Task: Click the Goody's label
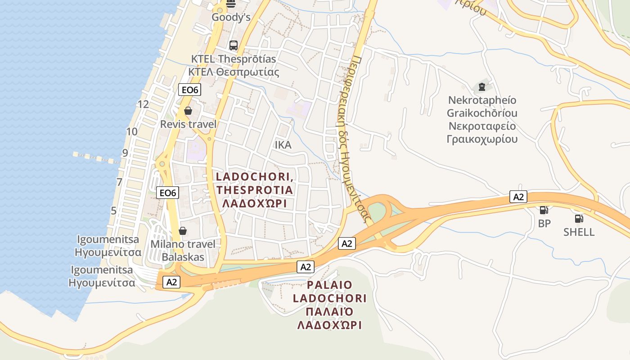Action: point(231,17)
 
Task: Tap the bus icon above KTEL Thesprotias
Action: point(233,45)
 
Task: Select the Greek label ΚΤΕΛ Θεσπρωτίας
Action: point(234,72)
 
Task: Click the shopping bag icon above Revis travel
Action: point(188,111)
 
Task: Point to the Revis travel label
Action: point(188,124)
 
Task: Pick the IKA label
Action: point(283,145)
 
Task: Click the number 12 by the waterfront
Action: point(143,104)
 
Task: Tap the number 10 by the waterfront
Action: point(132,132)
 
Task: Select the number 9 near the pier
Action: point(125,153)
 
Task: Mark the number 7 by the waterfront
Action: point(119,182)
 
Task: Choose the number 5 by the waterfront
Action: point(113,211)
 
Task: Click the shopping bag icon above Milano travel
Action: point(183,231)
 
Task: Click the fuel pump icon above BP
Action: point(544,210)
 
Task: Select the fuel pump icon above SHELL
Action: point(579,219)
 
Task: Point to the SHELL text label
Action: point(579,232)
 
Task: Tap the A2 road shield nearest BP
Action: point(518,197)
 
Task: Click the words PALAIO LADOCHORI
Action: point(329,292)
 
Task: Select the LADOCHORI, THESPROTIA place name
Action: point(255,184)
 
